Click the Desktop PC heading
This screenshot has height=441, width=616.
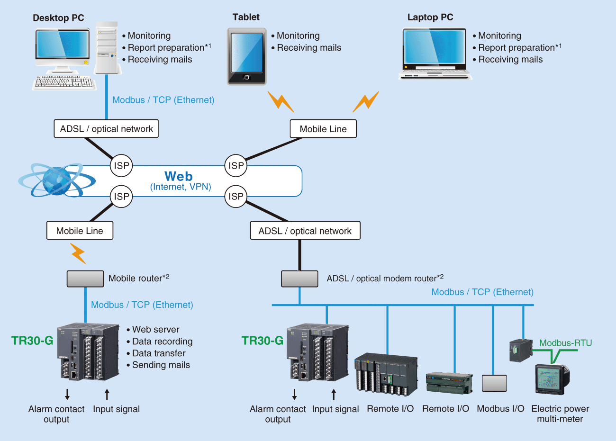[58, 18]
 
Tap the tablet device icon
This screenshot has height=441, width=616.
[246, 56]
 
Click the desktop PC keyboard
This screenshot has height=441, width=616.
[64, 82]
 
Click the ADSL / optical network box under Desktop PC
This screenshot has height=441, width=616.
[106, 129]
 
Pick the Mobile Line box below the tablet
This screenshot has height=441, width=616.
[323, 129]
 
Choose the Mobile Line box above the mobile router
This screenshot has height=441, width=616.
[80, 231]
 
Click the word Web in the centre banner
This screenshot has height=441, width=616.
[179, 176]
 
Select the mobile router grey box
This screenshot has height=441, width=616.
[85, 279]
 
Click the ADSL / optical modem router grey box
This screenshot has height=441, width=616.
[299, 279]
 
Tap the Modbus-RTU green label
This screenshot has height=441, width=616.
[565, 343]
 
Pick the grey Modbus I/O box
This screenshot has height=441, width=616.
[494, 383]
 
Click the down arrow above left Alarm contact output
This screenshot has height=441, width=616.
[67, 394]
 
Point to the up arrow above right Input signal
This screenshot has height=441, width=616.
[334, 394]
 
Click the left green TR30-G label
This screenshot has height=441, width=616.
[32, 341]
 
